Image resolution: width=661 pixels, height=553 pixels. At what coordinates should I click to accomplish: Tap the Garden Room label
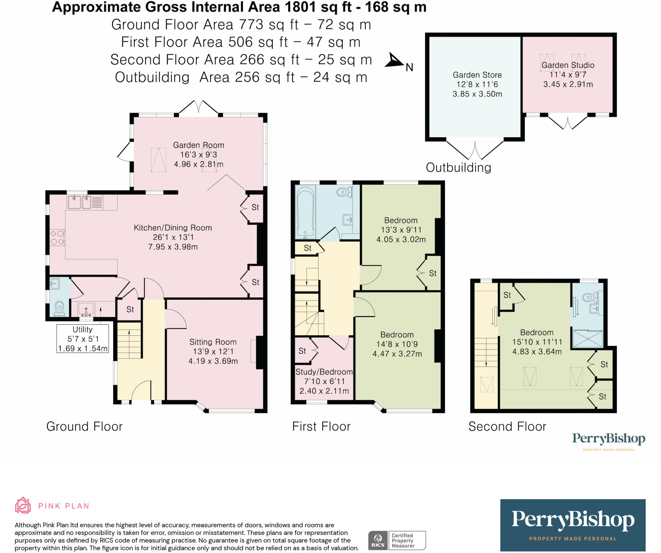point(198,145)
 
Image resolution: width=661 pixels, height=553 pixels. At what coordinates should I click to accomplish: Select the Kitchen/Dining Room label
point(173,228)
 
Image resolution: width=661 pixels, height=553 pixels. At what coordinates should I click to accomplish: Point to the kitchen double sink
point(79,202)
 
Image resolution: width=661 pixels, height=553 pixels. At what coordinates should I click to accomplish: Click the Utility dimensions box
point(83,339)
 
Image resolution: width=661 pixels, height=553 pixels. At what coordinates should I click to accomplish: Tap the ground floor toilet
point(59,309)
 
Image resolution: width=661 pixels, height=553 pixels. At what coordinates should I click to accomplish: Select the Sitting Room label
point(213,342)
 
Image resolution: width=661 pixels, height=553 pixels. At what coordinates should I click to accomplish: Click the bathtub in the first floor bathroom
point(305,211)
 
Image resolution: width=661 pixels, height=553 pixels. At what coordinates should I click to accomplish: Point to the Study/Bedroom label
point(324,372)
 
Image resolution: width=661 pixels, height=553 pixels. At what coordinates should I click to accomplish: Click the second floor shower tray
point(588,339)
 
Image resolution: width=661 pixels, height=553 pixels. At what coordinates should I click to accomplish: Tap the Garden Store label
point(477,75)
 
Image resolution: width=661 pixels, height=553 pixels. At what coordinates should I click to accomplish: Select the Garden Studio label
point(568,65)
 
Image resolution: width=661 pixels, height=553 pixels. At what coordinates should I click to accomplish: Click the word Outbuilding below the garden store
point(459,168)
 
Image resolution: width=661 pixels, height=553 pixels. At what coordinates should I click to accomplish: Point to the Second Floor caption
point(507,427)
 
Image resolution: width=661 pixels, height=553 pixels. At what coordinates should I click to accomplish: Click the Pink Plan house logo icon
point(23,505)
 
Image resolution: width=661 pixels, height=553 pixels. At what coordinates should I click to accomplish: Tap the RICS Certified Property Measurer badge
point(397,540)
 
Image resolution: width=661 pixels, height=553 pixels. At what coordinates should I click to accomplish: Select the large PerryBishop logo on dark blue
point(573,525)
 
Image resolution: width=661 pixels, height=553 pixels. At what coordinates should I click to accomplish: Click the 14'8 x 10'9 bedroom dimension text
point(397,344)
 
